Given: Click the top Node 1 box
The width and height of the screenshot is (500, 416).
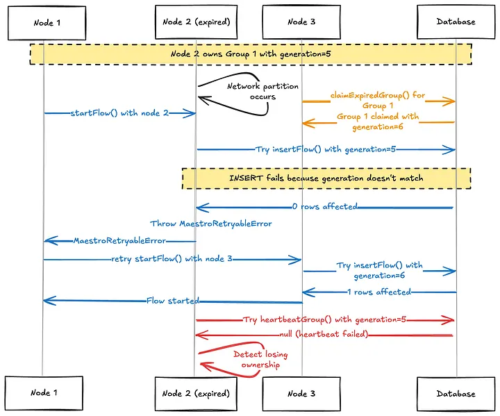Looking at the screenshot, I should pyautogui.click(x=47, y=22).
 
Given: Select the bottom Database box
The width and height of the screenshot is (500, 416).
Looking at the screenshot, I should pyautogui.click(x=456, y=393).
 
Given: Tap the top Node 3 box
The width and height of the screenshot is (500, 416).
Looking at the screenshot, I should pyautogui.click(x=301, y=22).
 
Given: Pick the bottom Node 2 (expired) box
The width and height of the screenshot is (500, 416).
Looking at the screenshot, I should pyautogui.click(x=196, y=393).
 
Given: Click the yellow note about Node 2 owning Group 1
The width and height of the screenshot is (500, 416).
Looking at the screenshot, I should pyautogui.click(x=250, y=53).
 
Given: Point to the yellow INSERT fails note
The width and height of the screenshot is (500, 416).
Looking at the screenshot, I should pyautogui.click(x=326, y=178).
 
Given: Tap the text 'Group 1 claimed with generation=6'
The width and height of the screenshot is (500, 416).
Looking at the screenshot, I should pyautogui.click(x=378, y=122).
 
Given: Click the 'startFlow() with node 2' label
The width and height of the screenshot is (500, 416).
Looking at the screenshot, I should pyautogui.click(x=119, y=113).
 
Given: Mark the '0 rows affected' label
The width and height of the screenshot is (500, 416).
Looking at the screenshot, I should pyautogui.click(x=324, y=206).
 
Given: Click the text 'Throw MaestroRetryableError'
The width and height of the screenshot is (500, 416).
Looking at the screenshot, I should pyautogui.click(x=210, y=224).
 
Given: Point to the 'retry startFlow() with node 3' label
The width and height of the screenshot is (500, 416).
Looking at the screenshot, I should pyautogui.click(x=172, y=259).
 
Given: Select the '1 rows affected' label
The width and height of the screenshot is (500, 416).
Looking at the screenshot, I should pyautogui.click(x=379, y=292).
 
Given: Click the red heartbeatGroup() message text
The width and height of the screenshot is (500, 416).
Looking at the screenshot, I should pyautogui.click(x=324, y=320).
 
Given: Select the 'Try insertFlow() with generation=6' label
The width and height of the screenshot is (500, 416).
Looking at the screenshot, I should pyautogui.click(x=379, y=270).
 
